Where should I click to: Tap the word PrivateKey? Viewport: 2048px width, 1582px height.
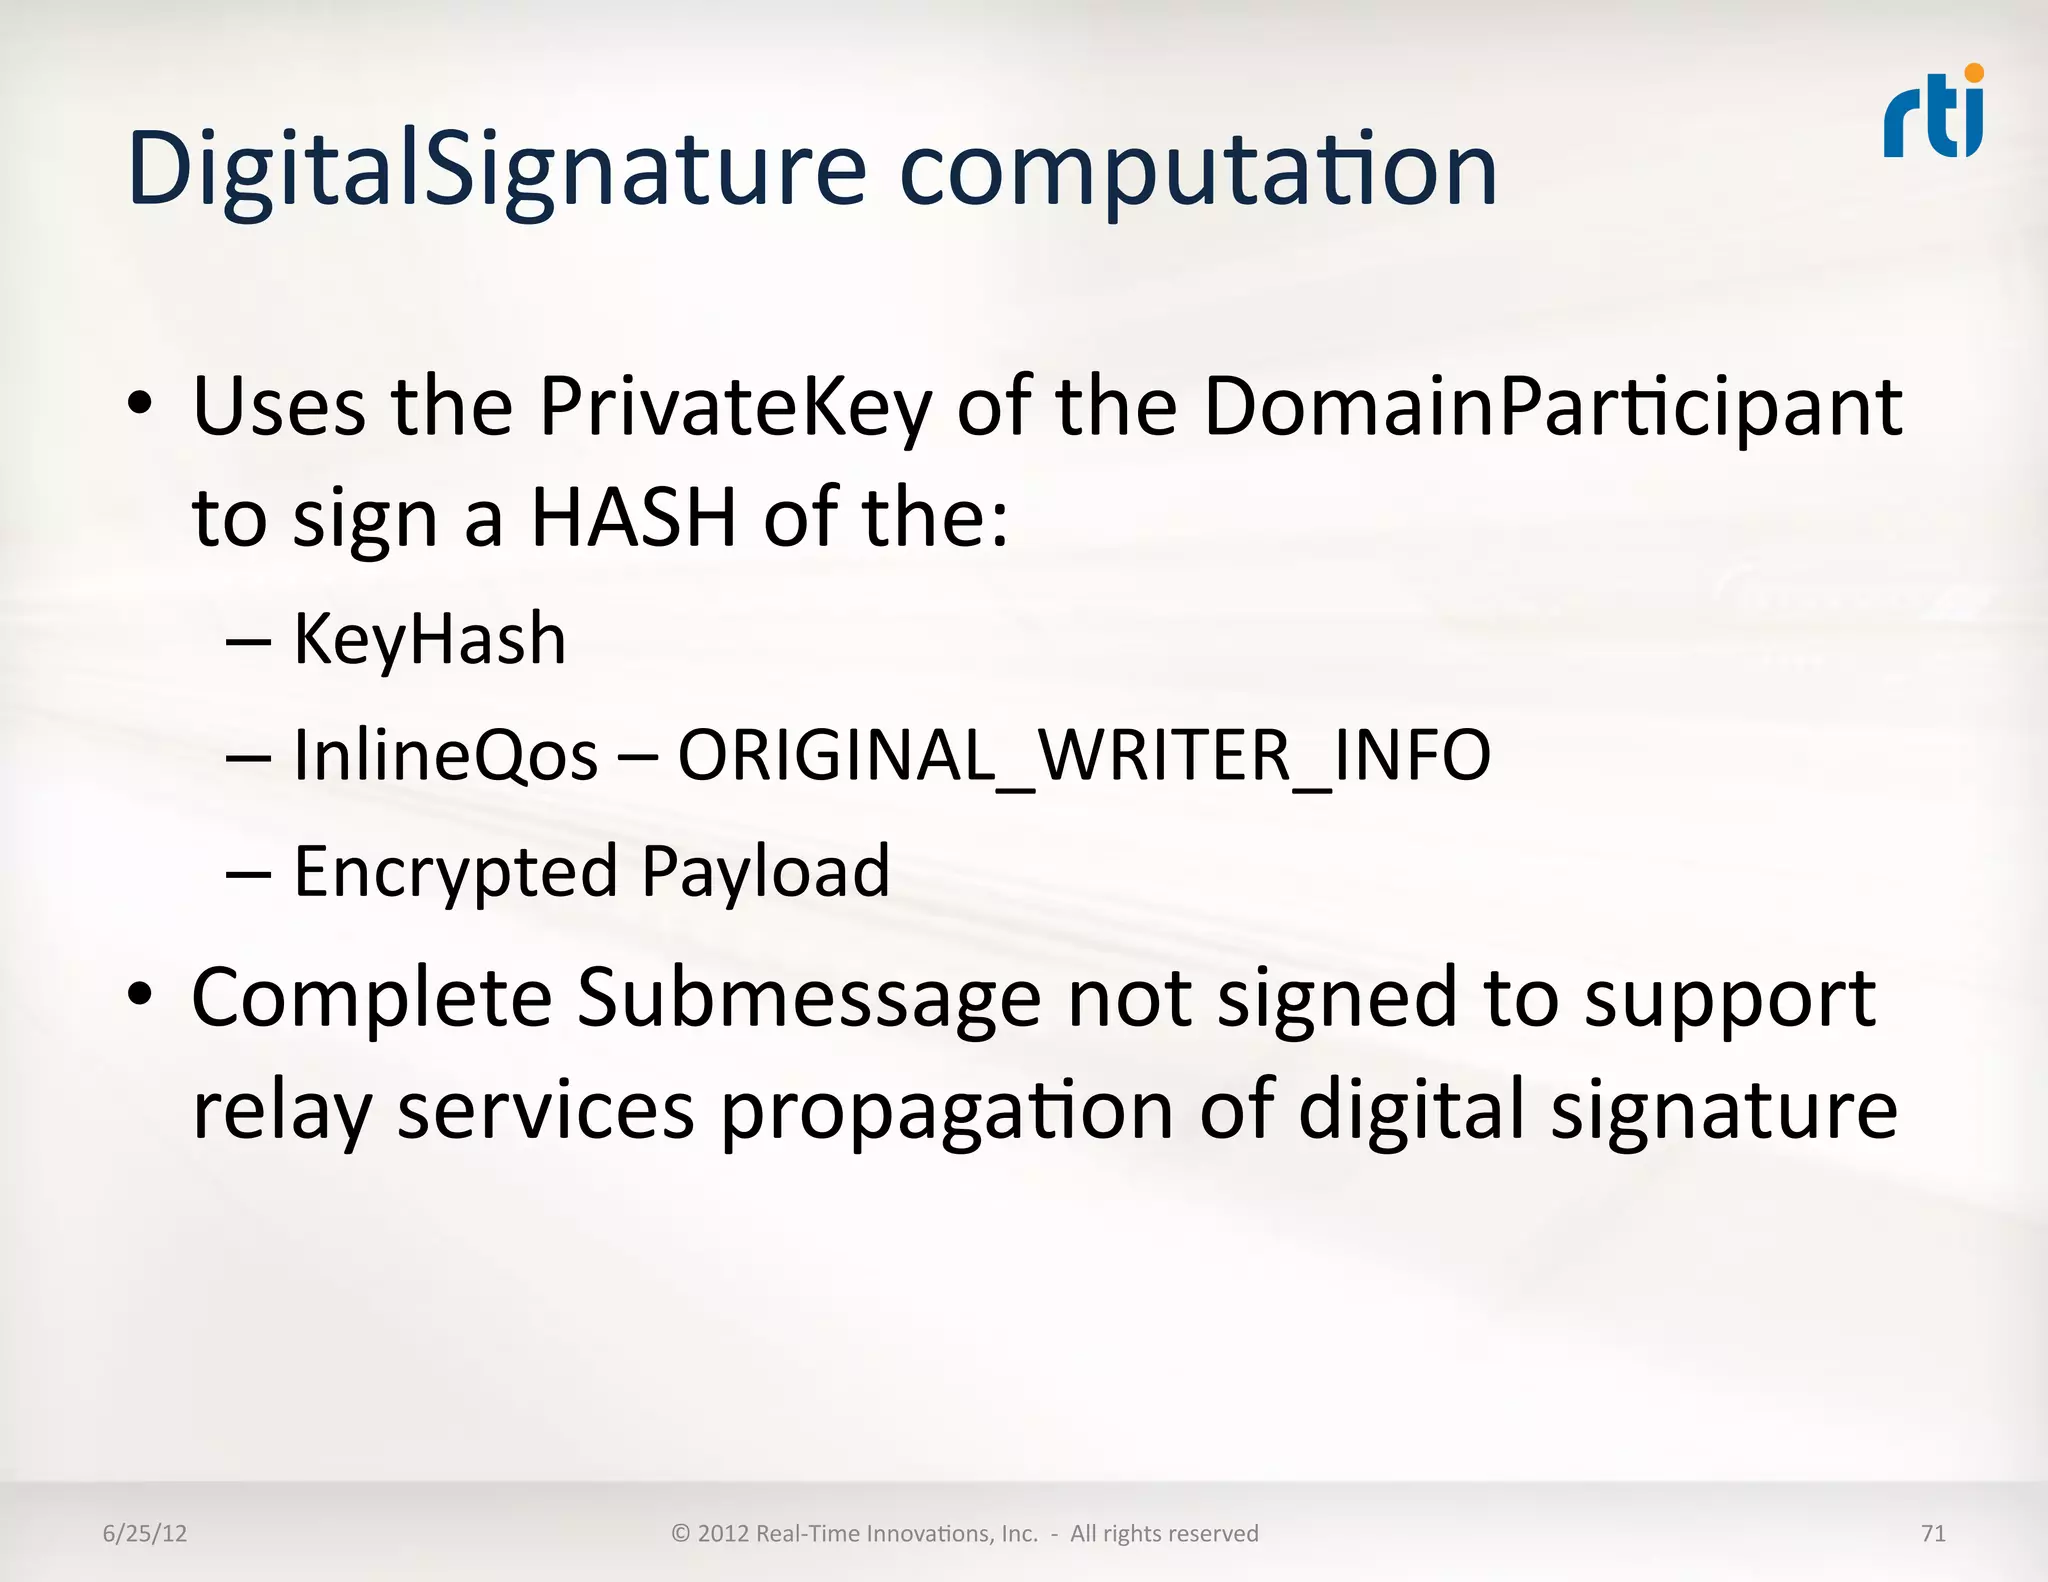pos(735,408)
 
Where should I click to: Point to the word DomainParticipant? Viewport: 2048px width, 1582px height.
pos(1552,408)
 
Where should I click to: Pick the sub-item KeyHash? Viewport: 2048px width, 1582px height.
pos(429,639)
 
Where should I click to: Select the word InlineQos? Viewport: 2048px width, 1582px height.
pos(445,755)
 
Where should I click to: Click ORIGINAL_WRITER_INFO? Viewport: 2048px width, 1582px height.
pos(1084,756)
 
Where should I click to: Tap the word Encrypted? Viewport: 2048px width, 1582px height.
pos(455,872)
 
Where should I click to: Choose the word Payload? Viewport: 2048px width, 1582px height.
pos(765,872)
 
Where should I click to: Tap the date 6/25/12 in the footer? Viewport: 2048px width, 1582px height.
pos(145,1534)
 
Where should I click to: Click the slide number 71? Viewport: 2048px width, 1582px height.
pos(1933,1534)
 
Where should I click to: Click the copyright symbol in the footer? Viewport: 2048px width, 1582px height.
pos(681,1534)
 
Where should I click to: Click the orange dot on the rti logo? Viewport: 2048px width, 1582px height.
pos(1973,73)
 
